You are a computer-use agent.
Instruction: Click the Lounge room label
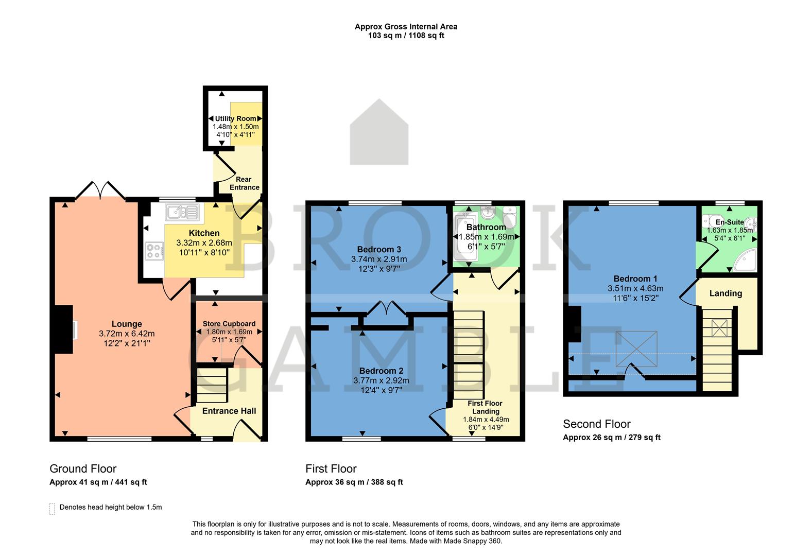(127, 324)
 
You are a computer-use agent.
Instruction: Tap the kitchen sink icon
(182, 212)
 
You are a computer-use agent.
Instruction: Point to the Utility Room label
(235, 118)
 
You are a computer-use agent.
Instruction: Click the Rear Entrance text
(244, 183)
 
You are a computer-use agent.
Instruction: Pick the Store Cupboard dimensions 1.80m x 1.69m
(229, 332)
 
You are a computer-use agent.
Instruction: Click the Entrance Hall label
(229, 411)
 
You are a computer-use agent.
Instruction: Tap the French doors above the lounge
(100, 190)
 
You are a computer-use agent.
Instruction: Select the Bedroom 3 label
(379, 250)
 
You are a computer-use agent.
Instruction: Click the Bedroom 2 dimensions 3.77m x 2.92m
(381, 380)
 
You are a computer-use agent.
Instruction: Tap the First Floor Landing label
(485, 407)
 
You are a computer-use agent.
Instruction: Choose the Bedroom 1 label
(635, 279)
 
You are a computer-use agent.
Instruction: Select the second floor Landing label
(725, 293)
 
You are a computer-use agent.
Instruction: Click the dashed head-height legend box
(52, 509)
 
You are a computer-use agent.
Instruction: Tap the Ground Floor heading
(83, 469)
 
